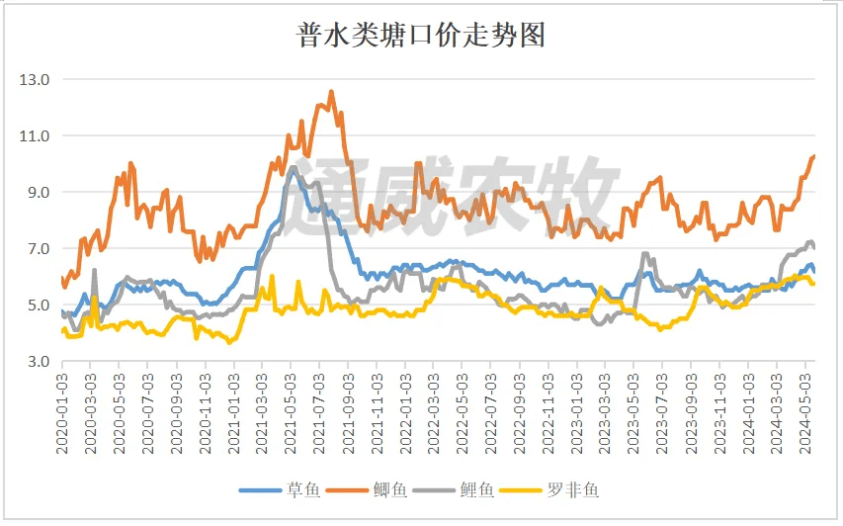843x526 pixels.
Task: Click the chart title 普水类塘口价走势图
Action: coord(421,36)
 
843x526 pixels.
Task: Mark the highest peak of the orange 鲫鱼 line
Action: coord(331,92)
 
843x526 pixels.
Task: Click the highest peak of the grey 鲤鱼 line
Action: coord(293,167)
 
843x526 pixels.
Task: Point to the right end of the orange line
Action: coord(813,156)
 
